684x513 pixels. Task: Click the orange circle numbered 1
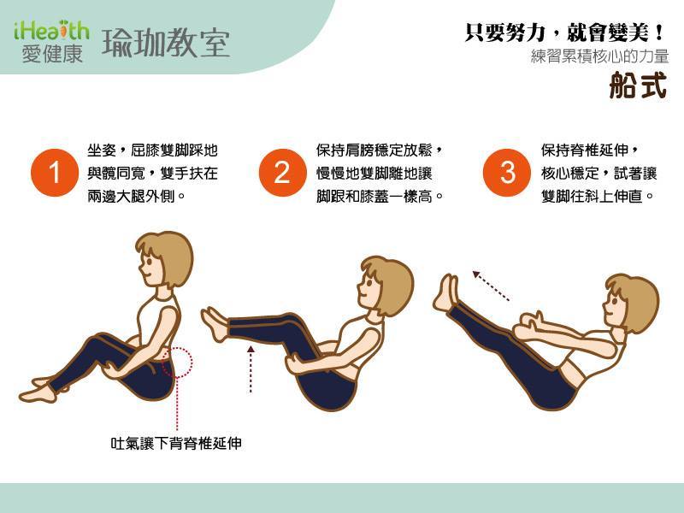[x=55, y=173]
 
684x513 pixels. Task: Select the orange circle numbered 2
[x=282, y=173]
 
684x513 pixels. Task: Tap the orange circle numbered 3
[x=507, y=173]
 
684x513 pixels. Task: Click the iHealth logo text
[x=51, y=31]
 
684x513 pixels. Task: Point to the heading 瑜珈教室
[x=166, y=44]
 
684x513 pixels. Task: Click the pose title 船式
[x=638, y=85]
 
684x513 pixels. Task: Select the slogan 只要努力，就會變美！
[x=565, y=32]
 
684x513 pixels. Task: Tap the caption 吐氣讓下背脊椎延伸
[x=176, y=443]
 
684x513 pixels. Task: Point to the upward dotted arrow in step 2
[x=251, y=369]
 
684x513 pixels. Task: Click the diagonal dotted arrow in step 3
[x=491, y=286]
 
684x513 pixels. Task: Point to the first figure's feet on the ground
[x=40, y=390]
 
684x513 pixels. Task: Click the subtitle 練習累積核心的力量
[x=600, y=56]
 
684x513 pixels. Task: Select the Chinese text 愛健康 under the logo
[x=52, y=55]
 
